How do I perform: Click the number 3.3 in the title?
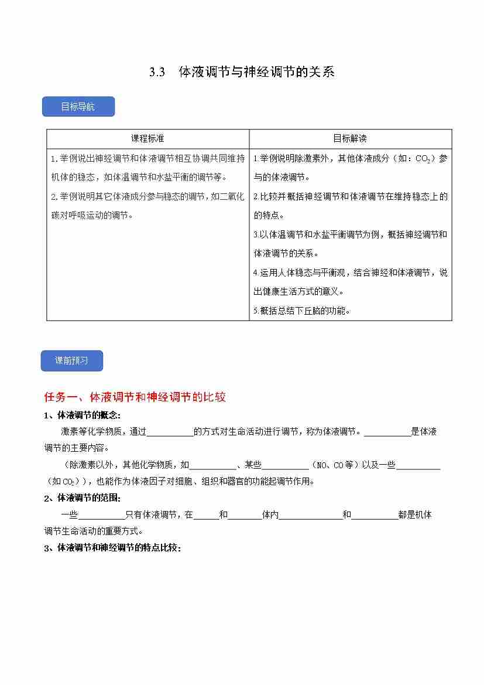tap(157, 73)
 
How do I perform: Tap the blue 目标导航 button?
tap(78, 107)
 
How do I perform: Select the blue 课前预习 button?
tap(71, 361)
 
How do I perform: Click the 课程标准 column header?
tap(147, 139)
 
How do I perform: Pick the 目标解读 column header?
tap(350, 139)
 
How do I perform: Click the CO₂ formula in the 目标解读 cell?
tap(423, 159)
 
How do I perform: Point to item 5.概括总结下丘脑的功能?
tap(302, 311)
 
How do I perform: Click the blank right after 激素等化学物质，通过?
tap(170, 432)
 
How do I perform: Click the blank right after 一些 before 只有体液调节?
tap(101, 515)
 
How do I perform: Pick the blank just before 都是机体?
tap(375, 515)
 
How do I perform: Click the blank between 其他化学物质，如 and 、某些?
tap(213, 465)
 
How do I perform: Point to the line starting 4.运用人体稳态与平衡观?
tap(350, 272)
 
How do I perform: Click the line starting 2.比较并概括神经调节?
tap(350, 196)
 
